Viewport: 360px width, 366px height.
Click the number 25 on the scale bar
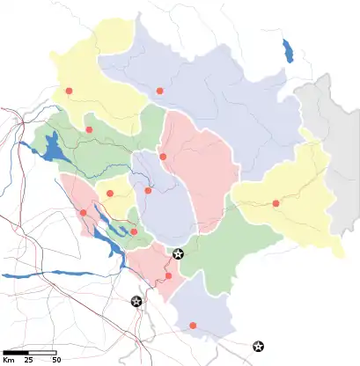pos(28,359)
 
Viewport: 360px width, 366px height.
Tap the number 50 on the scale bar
pos(55,359)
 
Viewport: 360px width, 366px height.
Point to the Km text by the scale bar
pos(8,359)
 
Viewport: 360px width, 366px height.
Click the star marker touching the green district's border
pos(178,254)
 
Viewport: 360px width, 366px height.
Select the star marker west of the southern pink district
pos(136,302)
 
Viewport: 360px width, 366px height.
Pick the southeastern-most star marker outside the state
pos(257,347)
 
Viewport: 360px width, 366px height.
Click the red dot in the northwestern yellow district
pos(69,91)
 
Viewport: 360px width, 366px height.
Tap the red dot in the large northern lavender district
pos(159,91)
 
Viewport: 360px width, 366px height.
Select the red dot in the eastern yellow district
pos(276,203)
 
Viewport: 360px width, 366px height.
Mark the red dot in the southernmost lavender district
pos(193,326)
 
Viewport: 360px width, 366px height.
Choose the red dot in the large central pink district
pos(163,157)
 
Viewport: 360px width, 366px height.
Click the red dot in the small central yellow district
pos(110,194)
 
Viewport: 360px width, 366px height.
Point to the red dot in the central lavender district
pos(148,191)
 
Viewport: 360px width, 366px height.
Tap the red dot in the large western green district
pos(89,130)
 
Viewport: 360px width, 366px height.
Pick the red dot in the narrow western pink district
pos(84,212)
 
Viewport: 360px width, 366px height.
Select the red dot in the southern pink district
pos(168,275)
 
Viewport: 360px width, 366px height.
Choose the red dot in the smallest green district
pos(134,231)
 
